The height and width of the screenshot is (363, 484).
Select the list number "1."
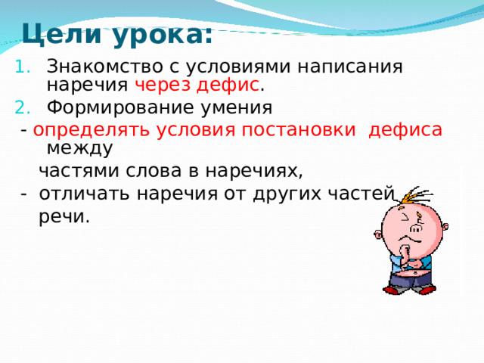(x=22, y=67)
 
